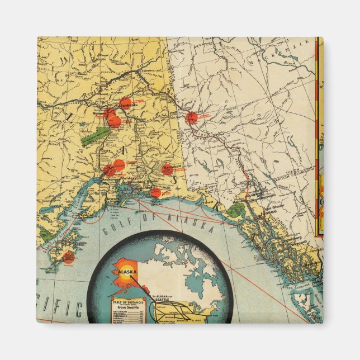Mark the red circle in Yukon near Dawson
[x=192, y=117]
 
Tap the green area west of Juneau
[x=237, y=210]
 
